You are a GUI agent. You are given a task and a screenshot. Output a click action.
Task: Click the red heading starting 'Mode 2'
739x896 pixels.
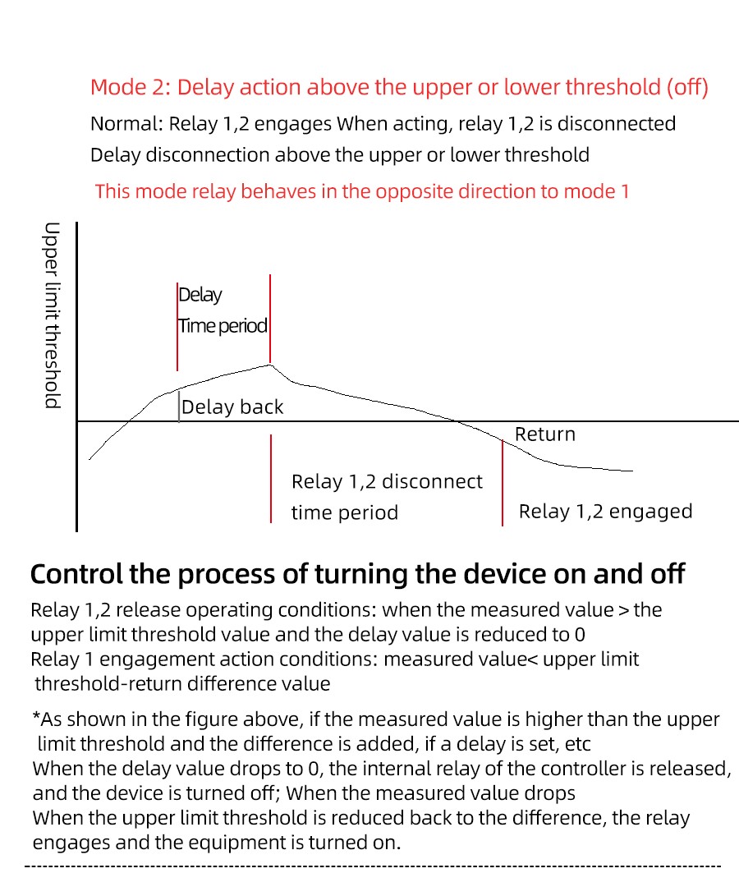tap(399, 87)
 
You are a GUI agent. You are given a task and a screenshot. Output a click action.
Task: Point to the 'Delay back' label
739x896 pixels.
tap(232, 407)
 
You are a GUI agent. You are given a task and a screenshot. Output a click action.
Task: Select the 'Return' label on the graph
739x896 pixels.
tap(545, 434)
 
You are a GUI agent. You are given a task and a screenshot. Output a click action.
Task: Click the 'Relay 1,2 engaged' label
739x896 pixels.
tap(605, 512)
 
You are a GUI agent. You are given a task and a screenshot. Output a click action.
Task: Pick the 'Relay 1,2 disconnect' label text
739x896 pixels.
tap(387, 481)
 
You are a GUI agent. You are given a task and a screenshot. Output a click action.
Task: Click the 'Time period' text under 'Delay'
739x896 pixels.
tap(223, 326)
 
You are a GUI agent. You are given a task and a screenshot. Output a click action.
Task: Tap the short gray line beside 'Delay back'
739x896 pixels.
tap(179, 407)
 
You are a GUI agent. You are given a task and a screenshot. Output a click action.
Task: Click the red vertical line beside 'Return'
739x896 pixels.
tap(502, 482)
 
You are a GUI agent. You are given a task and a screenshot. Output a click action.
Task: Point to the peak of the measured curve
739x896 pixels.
tap(270, 364)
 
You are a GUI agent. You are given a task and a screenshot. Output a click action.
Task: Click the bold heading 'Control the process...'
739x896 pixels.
tap(357, 574)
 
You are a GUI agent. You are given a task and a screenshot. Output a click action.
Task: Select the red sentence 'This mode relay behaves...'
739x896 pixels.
tap(362, 191)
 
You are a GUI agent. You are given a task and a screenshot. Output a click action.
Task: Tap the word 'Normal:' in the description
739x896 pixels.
tap(126, 124)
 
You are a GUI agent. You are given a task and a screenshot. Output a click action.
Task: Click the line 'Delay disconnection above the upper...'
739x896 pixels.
tap(339, 155)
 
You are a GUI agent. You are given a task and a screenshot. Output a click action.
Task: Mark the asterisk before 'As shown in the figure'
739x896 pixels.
tap(36, 719)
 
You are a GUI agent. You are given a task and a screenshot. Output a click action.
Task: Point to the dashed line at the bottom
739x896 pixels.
tap(374, 866)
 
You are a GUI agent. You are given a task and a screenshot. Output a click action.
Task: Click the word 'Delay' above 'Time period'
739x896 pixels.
tap(200, 295)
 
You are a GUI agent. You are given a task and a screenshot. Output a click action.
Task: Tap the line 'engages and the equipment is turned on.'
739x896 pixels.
tap(216, 843)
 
